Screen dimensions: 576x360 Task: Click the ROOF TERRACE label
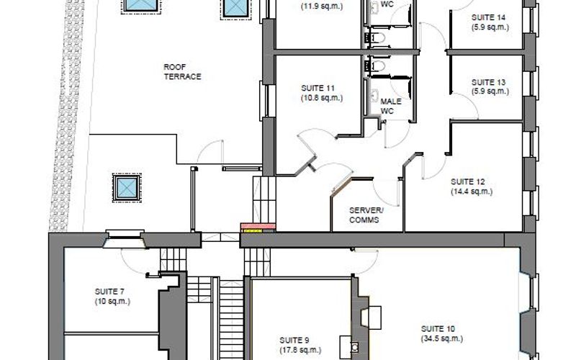[x=182, y=72]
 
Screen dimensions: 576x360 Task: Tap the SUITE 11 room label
[x=318, y=88]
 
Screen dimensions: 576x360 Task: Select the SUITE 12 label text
[x=467, y=182]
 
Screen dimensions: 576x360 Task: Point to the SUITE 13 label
[x=488, y=82]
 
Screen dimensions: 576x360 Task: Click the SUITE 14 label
[x=488, y=17]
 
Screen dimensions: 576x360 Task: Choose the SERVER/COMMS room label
[x=366, y=215]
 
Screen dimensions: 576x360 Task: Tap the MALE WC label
[x=391, y=106]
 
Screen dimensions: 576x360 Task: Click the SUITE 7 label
[x=109, y=292]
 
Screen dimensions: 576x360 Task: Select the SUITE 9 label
[x=294, y=341]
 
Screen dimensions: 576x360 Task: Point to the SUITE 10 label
[x=438, y=329]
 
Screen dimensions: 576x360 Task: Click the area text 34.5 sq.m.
[x=442, y=338]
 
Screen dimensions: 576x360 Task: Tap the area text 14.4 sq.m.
[x=472, y=192]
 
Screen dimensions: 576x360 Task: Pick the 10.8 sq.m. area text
[x=322, y=98]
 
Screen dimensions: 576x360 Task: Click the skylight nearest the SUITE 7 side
[x=127, y=187]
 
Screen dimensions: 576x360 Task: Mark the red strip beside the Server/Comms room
[x=258, y=226]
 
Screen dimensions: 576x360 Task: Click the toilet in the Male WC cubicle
[x=375, y=66]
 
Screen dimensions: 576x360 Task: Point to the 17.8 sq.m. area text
[x=300, y=351]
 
